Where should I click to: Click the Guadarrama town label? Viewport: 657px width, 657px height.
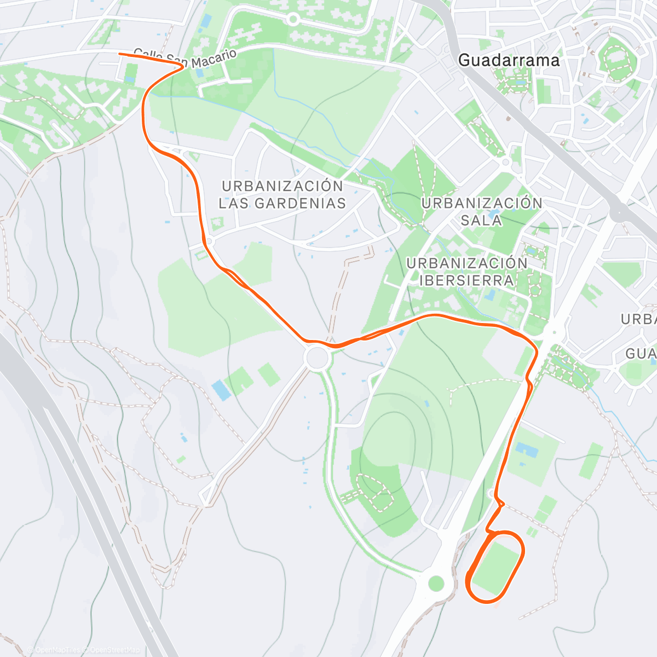click(509, 60)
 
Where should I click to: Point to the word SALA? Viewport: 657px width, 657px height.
click(481, 220)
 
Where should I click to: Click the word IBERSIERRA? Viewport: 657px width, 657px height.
click(466, 280)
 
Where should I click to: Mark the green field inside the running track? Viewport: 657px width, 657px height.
click(496, 567)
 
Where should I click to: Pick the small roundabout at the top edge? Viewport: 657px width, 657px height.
click(293, 20)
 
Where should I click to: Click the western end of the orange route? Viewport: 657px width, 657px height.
click(120, 54)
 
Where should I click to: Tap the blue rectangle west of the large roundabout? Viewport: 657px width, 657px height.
click(221, 390)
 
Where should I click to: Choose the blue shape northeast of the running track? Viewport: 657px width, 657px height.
click(526, 449)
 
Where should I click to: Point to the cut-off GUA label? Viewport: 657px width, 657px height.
click(641, 354)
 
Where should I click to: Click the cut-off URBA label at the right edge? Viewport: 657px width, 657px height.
click(639, 319)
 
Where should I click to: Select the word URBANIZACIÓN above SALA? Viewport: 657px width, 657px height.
click(482, 203)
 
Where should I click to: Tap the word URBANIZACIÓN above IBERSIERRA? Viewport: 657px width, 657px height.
click(466, 263)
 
